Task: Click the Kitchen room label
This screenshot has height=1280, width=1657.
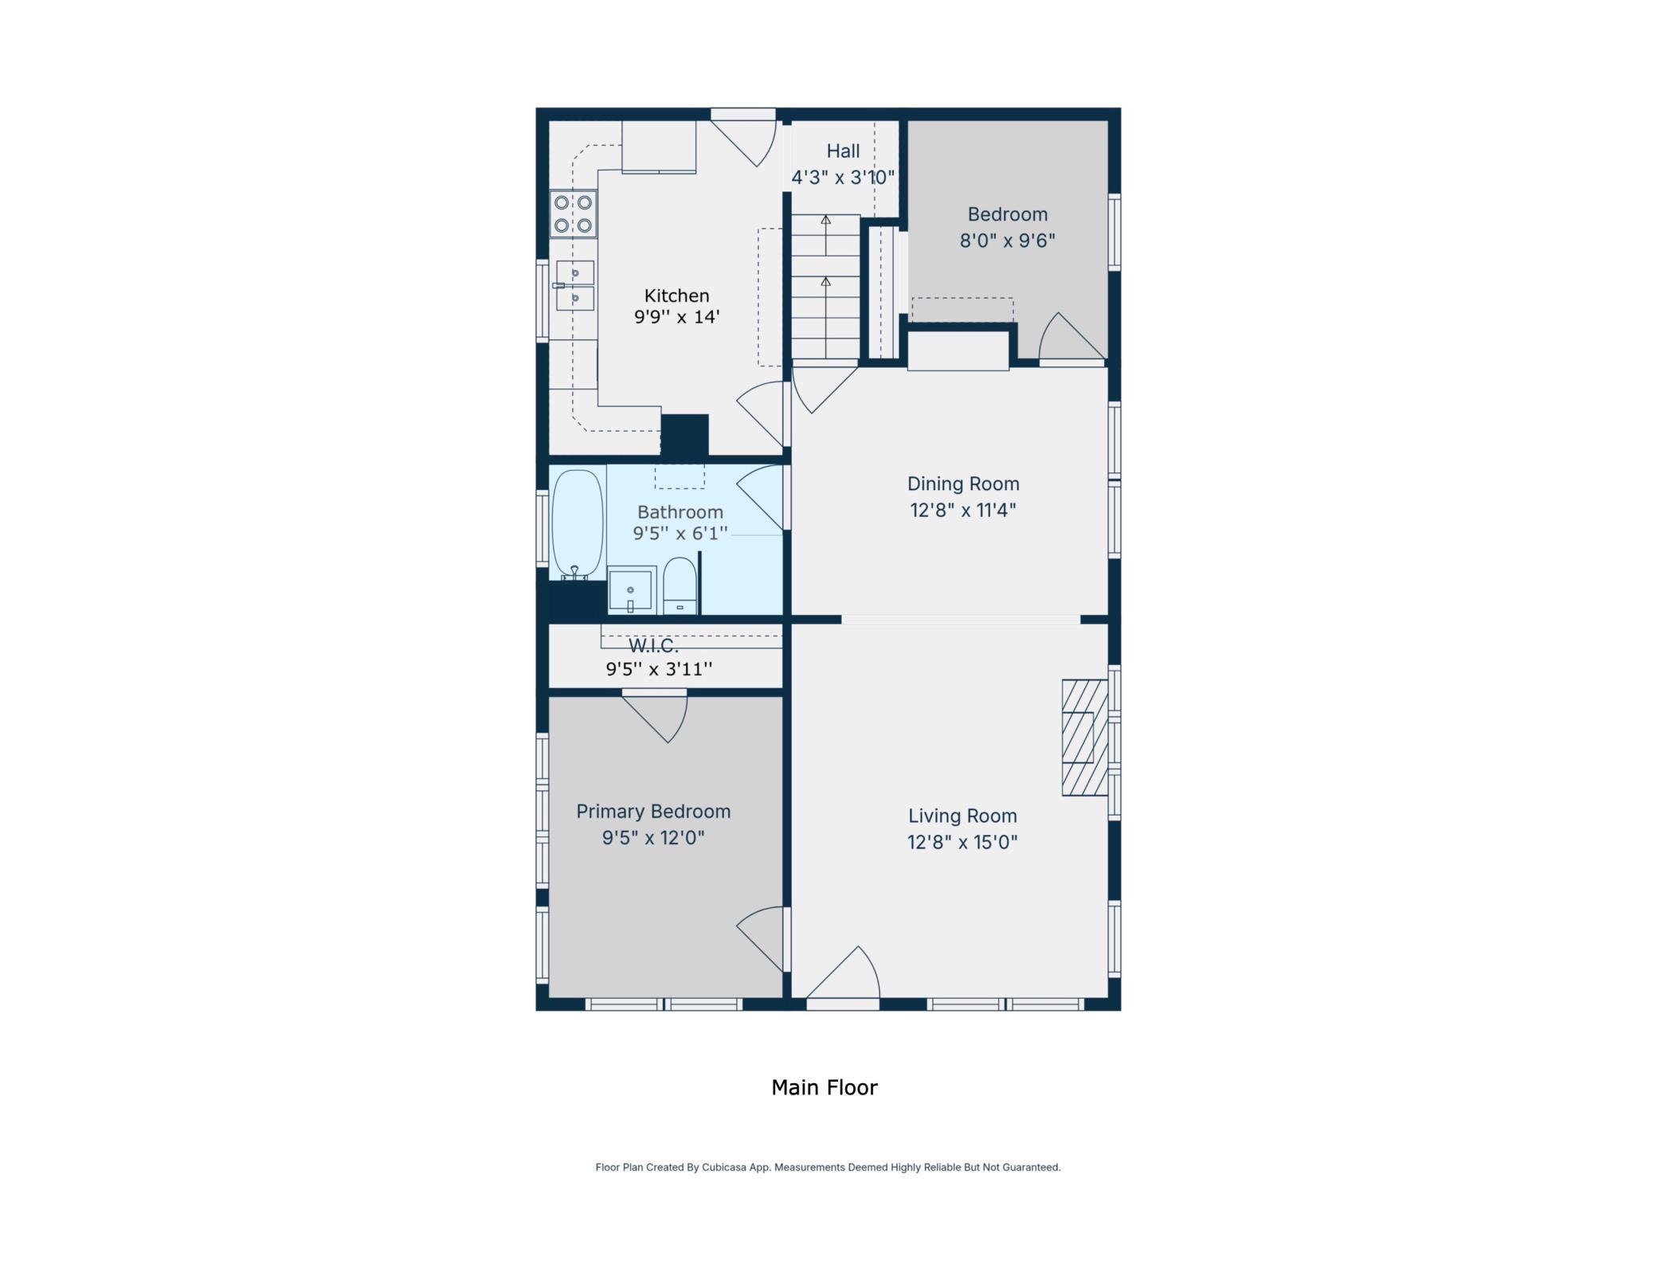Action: click(x=676, y=296)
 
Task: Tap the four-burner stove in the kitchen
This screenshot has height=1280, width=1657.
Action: click(x=573, y=213)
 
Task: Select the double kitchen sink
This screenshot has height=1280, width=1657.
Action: click(x=574, y=285)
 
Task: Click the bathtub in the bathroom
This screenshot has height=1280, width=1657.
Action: click(x=577, y=524)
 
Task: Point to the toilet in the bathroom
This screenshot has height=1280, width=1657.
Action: click(x=680, y=585)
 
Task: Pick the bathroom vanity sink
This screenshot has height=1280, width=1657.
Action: click(x=632, y=590)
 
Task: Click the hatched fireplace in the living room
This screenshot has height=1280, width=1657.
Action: click(x=1084, y=737)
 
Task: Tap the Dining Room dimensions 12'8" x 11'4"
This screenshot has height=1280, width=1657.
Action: click(x=963, y=510)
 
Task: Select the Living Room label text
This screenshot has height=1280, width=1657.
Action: click(x=962, y=816)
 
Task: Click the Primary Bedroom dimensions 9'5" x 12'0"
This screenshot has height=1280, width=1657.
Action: click(x=653, y=838)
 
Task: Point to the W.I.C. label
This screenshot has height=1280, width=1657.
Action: click(x=653, y=646)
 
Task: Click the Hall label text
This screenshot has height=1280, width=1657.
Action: click(x=843, y=151)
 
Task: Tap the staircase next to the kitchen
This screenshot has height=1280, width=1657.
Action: click(x=825, y=287)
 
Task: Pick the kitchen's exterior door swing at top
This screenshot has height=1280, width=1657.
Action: click(x=743, y=139)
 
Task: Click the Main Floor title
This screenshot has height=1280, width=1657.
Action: click(x=825, y=1087)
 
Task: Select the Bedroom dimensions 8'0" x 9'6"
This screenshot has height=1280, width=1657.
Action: click(x=1007, y=241)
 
